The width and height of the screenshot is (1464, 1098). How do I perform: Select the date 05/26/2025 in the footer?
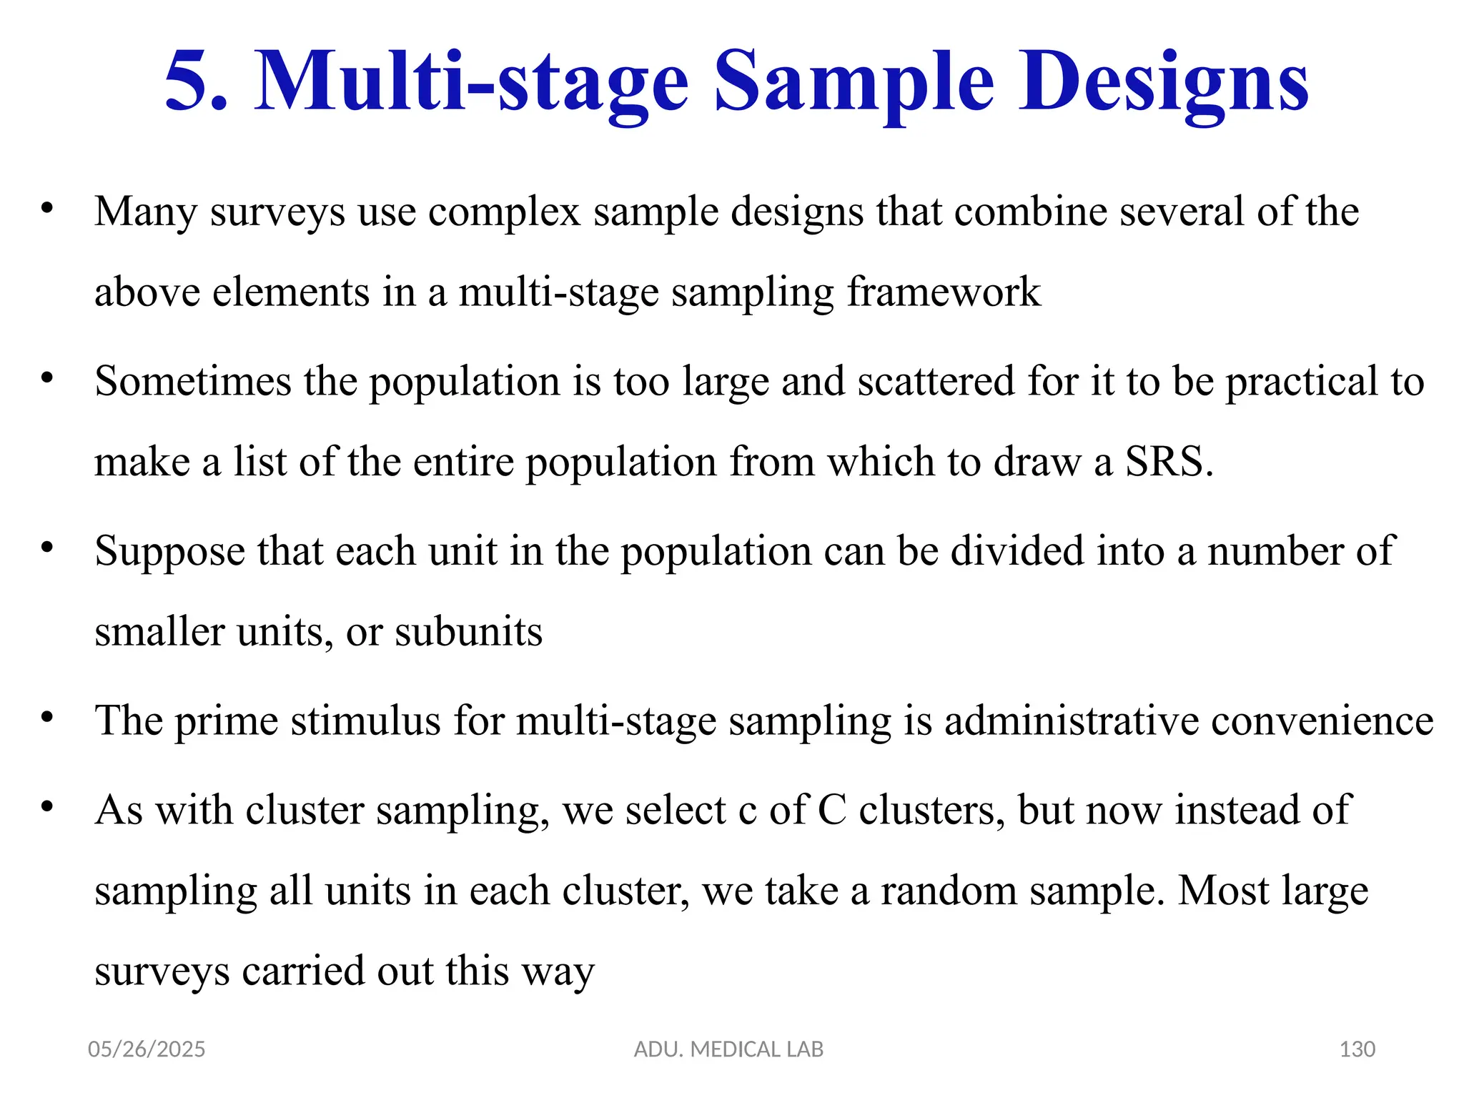[147, 1049]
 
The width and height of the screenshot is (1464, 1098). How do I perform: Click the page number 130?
[1357, 1049]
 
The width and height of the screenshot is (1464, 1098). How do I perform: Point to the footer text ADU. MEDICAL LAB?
[728, 1049]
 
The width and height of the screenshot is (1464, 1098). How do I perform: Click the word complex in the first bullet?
[504, 212]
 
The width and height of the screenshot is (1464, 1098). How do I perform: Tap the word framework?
[944, 292]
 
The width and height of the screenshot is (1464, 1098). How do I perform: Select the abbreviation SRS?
[1169, 462]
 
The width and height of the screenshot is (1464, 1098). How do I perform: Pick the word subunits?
[468, 632]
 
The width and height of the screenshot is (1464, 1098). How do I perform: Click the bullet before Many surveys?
[48, 208]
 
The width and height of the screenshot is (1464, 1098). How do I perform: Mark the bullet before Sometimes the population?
[48, 377]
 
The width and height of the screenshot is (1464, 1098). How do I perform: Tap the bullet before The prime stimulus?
[48, 717]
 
